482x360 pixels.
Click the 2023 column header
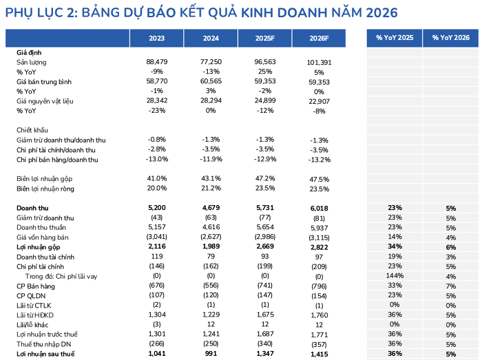point(157,38)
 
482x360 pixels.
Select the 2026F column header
point(318,38)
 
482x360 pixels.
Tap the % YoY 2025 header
point(395,38)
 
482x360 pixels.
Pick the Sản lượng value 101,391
point(318,63)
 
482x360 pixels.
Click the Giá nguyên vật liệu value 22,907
point(318,102)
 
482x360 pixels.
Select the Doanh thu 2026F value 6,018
point(318,208)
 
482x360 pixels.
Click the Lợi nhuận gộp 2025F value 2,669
point(265,246)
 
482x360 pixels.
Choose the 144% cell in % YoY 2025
point(395,276)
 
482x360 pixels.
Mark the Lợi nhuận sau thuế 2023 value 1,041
point(157,354)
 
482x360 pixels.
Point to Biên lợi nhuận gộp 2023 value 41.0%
point(157,179)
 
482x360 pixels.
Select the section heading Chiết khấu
point(32,130)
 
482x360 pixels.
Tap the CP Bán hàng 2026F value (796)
point(318,286)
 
